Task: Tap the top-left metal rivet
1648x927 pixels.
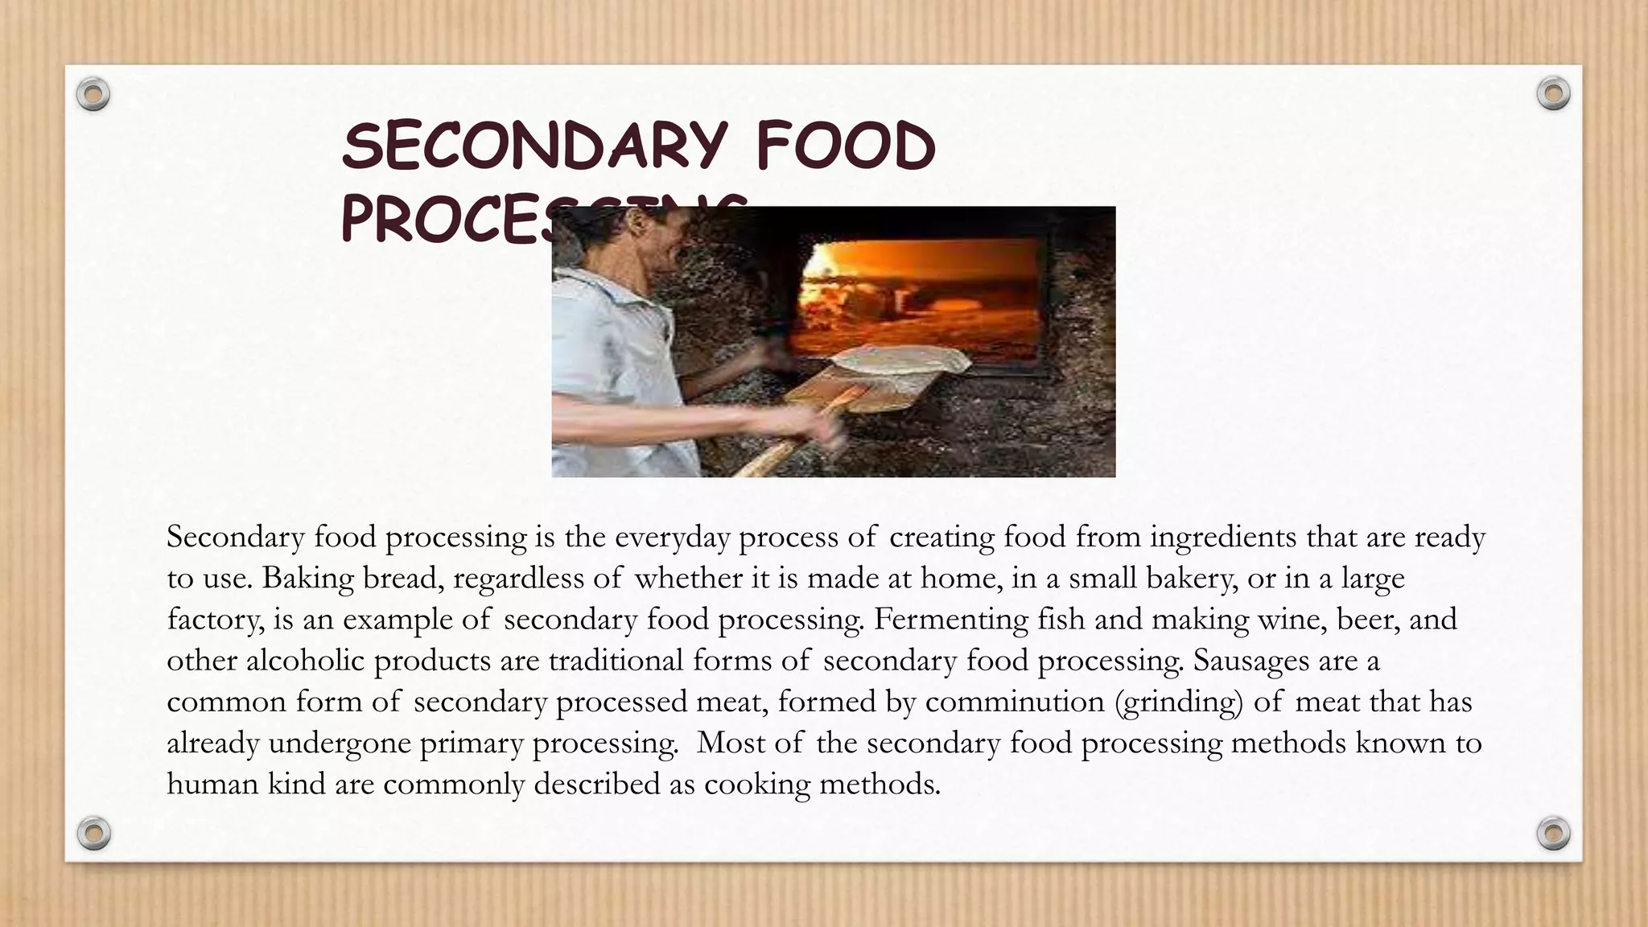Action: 93,95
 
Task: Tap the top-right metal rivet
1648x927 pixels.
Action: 1553,94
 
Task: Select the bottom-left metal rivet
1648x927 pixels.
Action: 93,833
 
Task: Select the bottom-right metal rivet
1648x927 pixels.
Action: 1553,833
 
